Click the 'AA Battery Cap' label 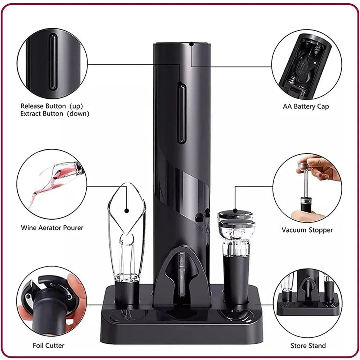tap(306, 107)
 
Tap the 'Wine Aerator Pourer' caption tap(52, 228)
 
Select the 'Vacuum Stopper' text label tap(307, 230)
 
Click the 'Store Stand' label tap(308, 346)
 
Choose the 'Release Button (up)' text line tap(51, 106)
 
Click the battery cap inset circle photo tap(306, 65)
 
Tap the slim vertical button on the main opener tap(181, 112)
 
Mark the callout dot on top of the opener tap(191, 44)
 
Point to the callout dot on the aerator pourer tap(126, 211)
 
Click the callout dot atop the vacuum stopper tap(235, 211)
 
